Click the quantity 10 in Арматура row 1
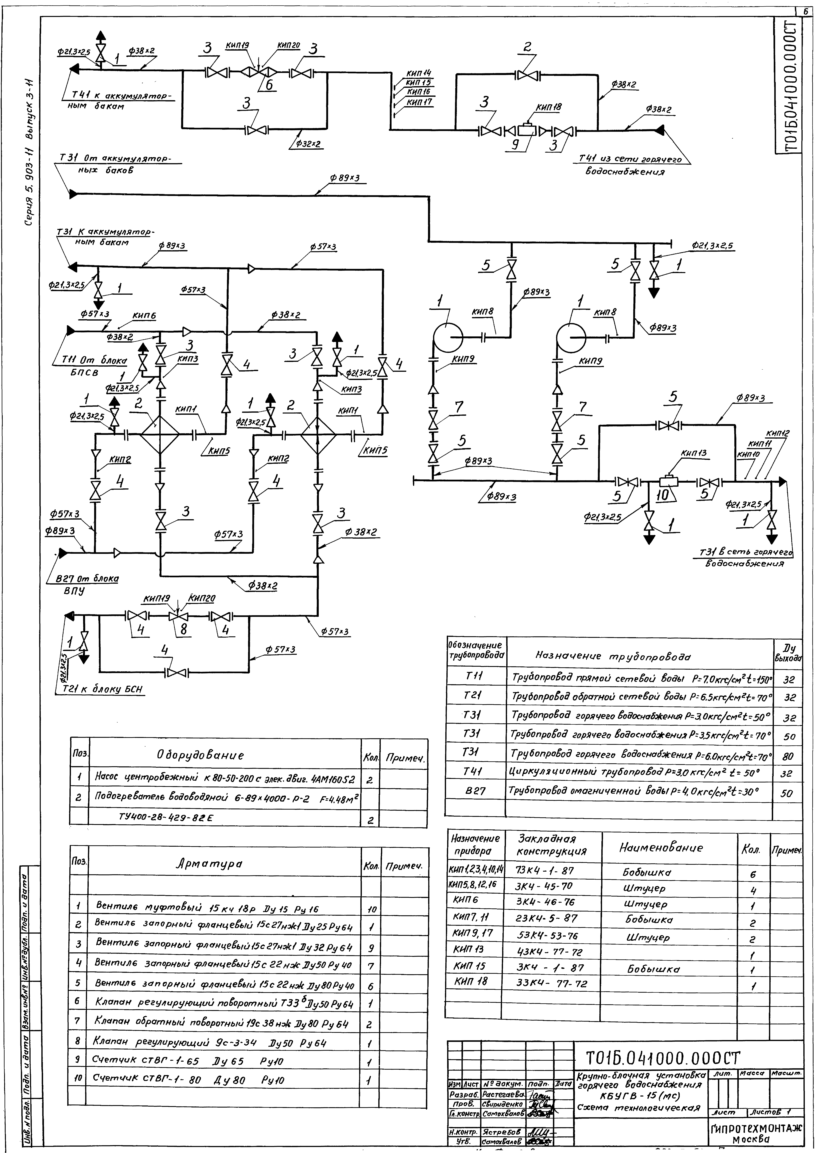coord(372,909)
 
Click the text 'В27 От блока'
coord(86,579)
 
